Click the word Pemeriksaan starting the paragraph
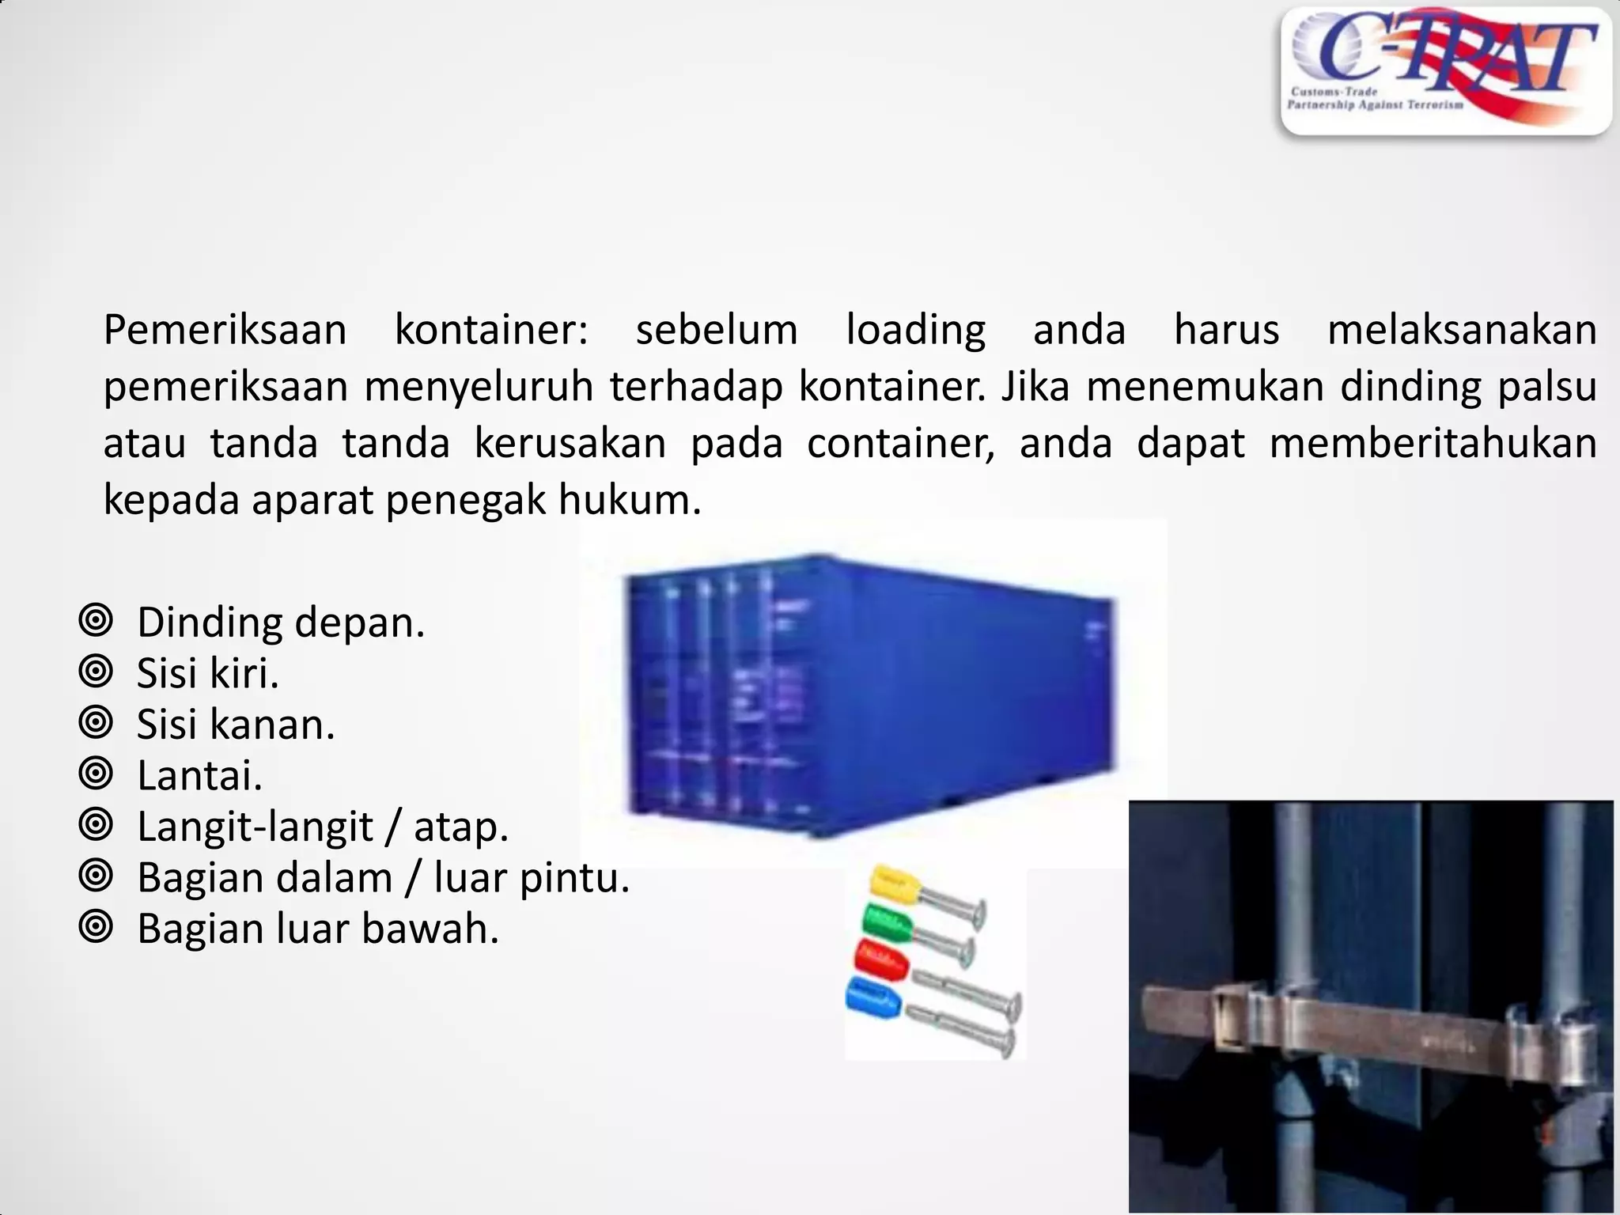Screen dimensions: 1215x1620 pyautogui.click(x=225, y=330)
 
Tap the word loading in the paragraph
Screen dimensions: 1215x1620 pyautogui.click(x=915, y=330)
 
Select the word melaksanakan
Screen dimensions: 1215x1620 pyautogui.click(x=1461, y=330)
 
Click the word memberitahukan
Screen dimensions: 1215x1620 pyautogui.click(x=1433, y=443)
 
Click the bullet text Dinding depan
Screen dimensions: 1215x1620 pyautogui.click(x=281, y=623)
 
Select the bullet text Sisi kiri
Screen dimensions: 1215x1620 pyautogui.click(x=208, y=673)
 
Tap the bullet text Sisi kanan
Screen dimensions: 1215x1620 pyautogui.click(x=236, y=725)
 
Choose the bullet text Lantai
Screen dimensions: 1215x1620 pyautogui.click(x=199, y=775)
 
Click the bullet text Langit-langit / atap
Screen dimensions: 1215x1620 pyautogui.click(x=322, y=827)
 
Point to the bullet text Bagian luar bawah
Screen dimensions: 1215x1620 pyautogui.click(x=318, y=929)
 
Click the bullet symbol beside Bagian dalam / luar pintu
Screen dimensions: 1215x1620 pyautogui.click(x=96, y=876)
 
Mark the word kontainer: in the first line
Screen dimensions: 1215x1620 pyautogui.click(x=490, y=330)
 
